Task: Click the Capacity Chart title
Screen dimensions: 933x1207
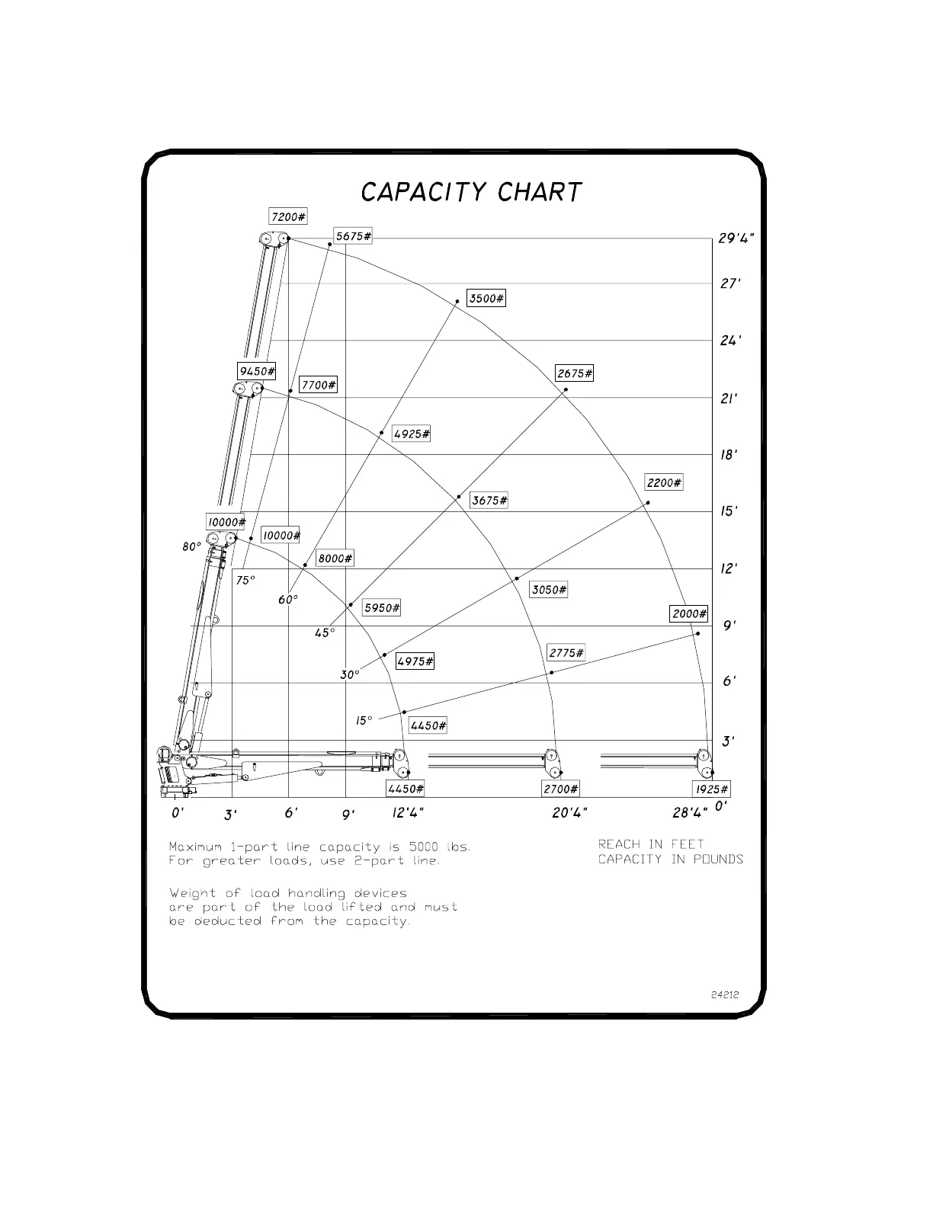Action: (471, 192)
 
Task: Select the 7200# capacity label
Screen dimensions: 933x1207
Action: (288, 217)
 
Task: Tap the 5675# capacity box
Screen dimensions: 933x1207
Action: (354, 236)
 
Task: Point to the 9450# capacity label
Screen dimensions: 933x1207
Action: (256, 372)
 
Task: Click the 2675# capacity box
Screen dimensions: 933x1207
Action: (575, 373)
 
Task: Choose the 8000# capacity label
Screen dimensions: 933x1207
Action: (335, 559)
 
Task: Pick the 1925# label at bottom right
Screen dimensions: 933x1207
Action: (712, 789)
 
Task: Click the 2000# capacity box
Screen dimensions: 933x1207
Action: (689, 614)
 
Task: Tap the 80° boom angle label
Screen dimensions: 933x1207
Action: (192, 547)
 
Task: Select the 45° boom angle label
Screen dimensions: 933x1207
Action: (325, 633)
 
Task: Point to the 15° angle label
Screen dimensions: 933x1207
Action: (364, 720)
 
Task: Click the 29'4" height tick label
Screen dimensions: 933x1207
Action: (736, 239)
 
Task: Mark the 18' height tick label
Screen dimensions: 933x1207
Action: (729, 455)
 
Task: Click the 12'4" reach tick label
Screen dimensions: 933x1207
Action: (408, 813)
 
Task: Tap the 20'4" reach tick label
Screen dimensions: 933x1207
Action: (569, 813)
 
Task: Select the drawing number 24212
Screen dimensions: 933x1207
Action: (725, 994)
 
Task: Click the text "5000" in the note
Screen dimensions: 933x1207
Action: (423, 847)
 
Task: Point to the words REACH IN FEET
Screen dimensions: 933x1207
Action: (651, 844)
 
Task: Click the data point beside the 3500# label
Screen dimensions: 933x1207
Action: (457, 302)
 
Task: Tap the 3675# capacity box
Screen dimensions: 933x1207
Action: (489, 501)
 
